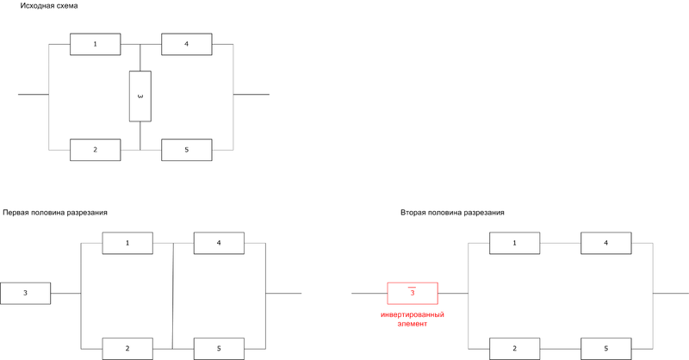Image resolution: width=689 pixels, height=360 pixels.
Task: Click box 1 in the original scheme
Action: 95,44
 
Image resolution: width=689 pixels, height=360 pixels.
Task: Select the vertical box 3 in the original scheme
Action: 140,96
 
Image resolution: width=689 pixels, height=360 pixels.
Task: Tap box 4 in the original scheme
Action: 187,44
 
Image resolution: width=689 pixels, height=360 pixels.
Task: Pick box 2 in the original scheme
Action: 95,150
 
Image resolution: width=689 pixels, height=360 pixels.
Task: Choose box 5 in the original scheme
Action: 187,150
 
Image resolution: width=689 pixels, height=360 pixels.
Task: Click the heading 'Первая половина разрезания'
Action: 55,212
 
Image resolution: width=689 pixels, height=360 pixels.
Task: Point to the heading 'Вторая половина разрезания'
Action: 452,212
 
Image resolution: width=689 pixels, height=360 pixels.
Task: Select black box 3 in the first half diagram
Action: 25,294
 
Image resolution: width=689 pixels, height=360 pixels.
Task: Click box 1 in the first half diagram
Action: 127,243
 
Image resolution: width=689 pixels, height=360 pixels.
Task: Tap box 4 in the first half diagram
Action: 219,243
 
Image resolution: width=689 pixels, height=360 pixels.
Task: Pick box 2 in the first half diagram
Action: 127,348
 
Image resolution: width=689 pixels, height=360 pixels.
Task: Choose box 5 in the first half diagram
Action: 219,348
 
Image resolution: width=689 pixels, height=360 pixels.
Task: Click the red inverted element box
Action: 412,294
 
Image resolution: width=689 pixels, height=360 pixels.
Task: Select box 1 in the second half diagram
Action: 515,243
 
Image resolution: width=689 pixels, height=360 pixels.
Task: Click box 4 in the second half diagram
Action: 605,243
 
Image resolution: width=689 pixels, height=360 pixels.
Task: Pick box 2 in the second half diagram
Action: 515,348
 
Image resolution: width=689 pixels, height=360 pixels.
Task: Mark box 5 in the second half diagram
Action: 605,348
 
